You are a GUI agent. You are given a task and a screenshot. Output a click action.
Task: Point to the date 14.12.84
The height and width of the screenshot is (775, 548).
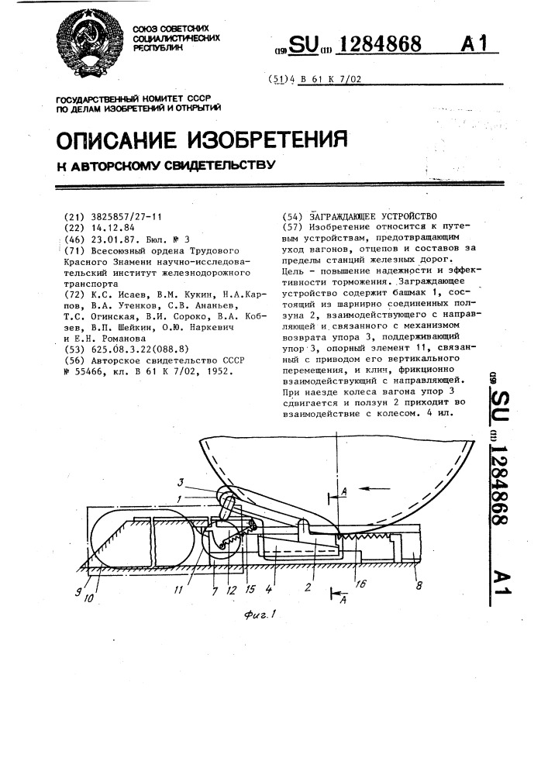[113, 228]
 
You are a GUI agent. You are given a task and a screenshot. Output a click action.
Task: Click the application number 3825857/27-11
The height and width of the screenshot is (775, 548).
[126, 217]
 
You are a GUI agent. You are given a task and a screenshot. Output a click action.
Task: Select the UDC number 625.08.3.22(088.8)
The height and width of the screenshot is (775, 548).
[140, 350]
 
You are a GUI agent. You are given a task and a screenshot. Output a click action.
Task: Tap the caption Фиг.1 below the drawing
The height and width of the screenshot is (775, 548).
[259, 615]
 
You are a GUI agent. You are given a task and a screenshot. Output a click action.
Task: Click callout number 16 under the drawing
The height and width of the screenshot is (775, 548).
[360, 584]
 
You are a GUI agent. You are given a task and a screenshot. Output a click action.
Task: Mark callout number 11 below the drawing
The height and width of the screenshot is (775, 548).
[178, 590]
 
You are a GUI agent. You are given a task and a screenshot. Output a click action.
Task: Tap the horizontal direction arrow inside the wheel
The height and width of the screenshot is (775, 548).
[374, 488]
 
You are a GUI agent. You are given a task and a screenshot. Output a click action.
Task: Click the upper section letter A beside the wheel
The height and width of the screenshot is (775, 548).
[343, 491]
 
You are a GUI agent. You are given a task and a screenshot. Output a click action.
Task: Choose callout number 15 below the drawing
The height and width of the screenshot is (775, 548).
[250, 590]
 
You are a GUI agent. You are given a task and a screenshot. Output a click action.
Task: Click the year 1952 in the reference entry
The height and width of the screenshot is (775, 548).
[220, 371]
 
